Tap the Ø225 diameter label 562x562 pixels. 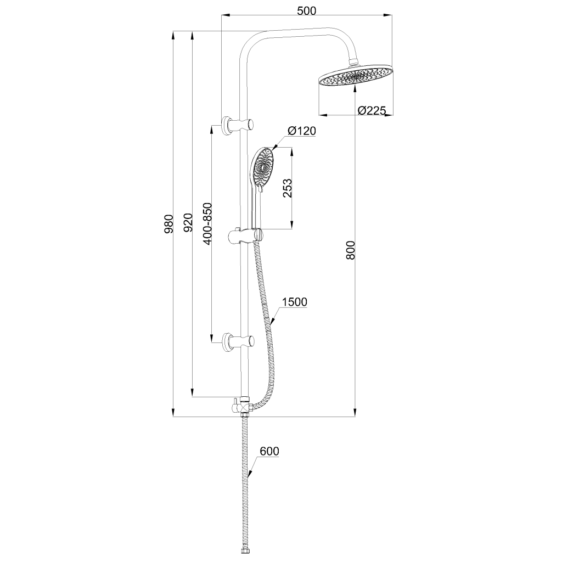click(372, 110)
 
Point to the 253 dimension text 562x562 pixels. click(286, 188)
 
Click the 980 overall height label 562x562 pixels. click(169, 223)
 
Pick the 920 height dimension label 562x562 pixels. click(187, 223)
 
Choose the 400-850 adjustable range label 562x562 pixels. click(207, 223)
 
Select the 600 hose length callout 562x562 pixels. click(269, 452)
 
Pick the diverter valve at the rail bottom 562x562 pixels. click(243, 406)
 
